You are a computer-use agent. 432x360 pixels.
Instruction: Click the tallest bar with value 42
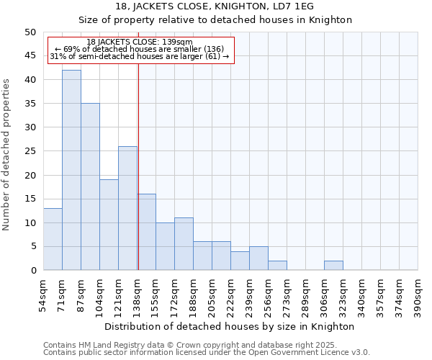(71, 170)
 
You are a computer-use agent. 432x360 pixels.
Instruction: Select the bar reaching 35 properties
(90, 186)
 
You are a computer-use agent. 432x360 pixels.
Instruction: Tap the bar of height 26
(127, 208)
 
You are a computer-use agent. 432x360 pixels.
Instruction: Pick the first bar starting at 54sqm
(53, 239)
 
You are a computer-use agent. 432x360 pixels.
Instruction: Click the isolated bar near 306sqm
(333, 266)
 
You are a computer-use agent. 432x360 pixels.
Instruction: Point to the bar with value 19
(109, 225)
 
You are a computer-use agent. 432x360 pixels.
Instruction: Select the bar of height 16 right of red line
(146, 232)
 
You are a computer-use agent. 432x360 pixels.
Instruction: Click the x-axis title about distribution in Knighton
(230, 326)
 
